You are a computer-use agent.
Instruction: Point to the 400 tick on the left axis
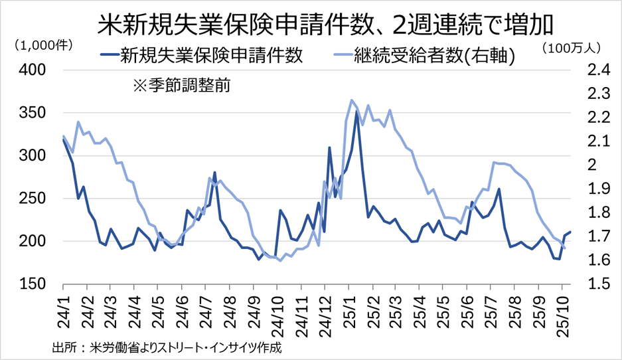(x=31, y=70)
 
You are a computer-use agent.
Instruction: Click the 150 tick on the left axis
(x=31, y=284)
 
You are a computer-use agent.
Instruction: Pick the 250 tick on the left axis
(x=31, y=199)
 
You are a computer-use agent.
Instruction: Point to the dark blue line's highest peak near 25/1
(x=357, y=112)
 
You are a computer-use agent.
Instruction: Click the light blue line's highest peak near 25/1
(x=351, y=100)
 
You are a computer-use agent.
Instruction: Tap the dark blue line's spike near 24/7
(x=214, y=172)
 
